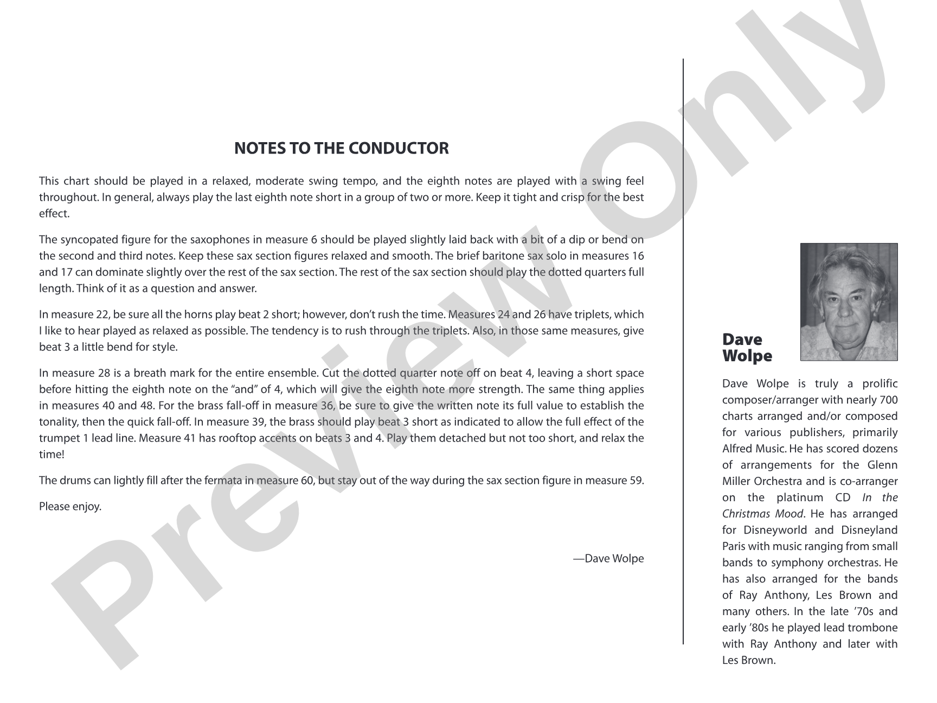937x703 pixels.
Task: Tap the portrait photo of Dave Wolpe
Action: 849,302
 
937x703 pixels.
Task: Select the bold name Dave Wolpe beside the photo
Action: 747,348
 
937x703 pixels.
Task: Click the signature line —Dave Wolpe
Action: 608,558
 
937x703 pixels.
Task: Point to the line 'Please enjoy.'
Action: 70,507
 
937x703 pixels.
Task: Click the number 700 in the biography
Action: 888,400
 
